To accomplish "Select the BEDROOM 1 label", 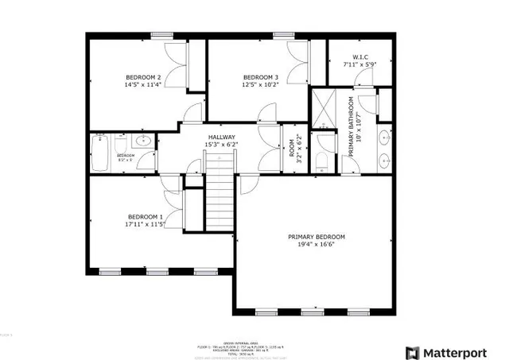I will pos(146,217).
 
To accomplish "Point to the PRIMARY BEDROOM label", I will pos(317,237).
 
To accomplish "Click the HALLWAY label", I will pos(222,137).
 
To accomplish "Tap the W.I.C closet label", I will pos(359,56).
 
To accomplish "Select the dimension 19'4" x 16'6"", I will pos(317,246).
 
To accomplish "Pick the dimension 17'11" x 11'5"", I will pos(146,225).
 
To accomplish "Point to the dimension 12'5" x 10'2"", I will pos(261,84).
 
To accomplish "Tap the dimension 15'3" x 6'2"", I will pos(222,145).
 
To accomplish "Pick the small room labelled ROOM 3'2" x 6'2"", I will pos(293,148).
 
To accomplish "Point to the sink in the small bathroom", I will pos(144,141).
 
